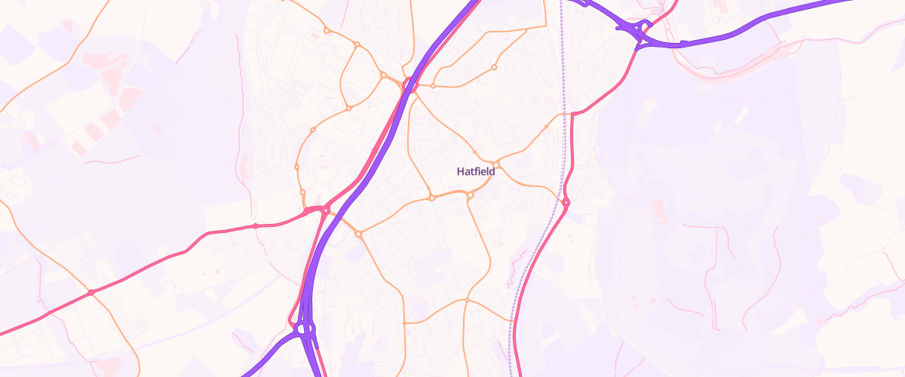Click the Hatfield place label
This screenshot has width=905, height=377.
point(476,171)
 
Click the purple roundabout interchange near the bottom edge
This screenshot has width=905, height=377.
point(305,329)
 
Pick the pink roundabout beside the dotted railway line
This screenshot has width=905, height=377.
point(566,202)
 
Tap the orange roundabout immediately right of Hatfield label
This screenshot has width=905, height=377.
point(497,164)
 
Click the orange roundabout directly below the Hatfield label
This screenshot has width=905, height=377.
point(470,196)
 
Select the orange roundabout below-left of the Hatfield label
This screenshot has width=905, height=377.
point(432,198)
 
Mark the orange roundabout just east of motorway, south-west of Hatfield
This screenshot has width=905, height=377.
point(359,234)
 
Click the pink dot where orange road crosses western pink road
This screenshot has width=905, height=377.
point(91,293)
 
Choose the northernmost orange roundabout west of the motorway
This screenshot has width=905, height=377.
point(327,31)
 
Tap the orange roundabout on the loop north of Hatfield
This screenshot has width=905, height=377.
point(494,67)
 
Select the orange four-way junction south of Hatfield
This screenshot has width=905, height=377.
point(467,300)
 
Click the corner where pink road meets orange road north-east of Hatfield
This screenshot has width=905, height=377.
point(574,114)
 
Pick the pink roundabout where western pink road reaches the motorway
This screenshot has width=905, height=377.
point(326,210)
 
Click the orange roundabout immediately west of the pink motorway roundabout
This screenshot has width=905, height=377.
point(384,75)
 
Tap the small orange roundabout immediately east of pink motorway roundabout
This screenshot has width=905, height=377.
point(432,86)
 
